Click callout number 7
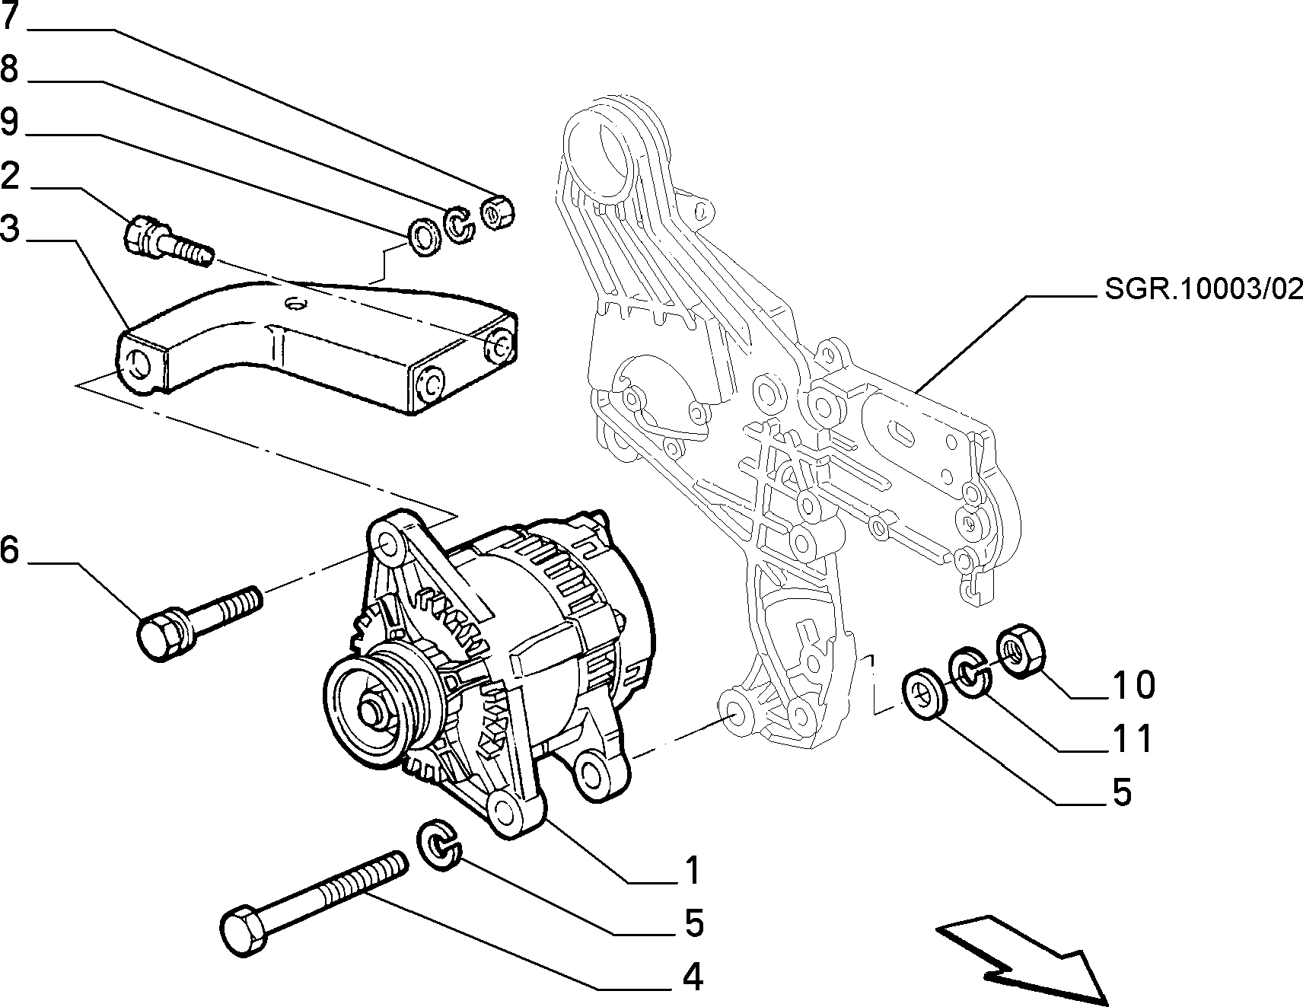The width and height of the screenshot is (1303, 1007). [10, 16]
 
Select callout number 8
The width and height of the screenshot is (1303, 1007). [9, 69]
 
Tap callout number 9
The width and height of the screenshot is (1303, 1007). [9, 123]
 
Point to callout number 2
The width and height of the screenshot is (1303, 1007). [9, 176]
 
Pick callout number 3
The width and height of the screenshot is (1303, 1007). [9, 228]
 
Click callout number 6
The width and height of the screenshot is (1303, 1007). [9, 550]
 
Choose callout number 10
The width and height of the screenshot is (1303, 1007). [1133, 685]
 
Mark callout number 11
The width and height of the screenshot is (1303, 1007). [1133, 738]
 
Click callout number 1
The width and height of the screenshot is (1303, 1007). [691, 871]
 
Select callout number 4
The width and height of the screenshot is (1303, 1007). [692, 977]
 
